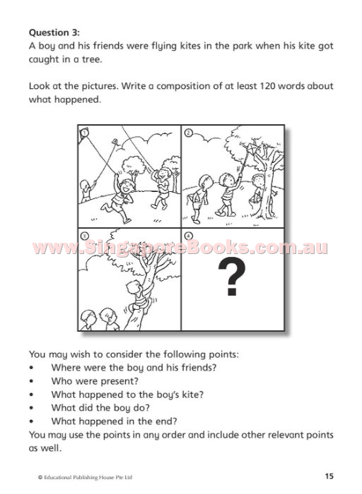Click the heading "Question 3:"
pyautogui.click(x=54, y=32)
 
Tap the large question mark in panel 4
pyautogui.click(x=232, y=277)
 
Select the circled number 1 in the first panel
pyautogui.click(x=83, y=133)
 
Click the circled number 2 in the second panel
pyautogui.click(x=188, y=133)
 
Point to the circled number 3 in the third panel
pyautogui.click(x=85, y=236)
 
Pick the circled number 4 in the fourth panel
pyautogui.click(x=188, y=236)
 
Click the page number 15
pyautogui.click(x=329, y=476)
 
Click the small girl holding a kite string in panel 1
pyautogui.click(x=87, y=191)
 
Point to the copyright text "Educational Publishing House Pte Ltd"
pyautogui.click(x=88, y=477)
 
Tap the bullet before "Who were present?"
pyautogui.click(x=31, y=381)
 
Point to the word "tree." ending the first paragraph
pyautogui.click(x=92, y=59)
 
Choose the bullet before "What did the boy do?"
pyautogui.click(x=31, y=408)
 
